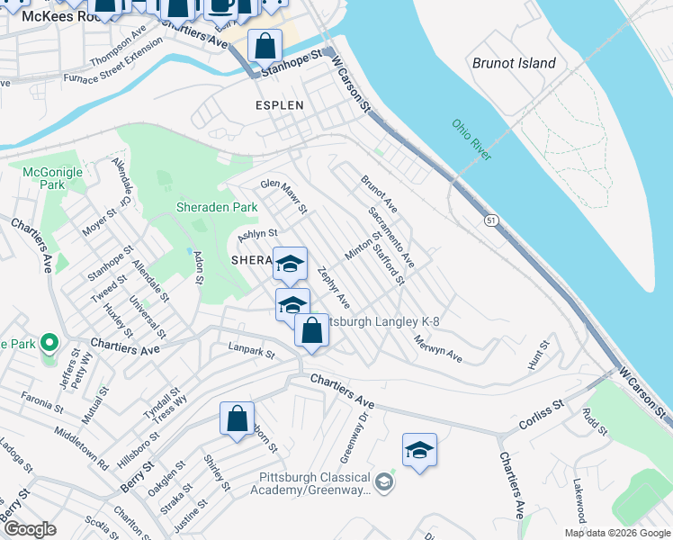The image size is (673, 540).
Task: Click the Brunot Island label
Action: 514,63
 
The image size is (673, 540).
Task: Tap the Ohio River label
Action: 471,140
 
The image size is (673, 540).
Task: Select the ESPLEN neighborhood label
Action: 279,105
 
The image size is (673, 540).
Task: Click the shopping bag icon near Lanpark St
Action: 311,330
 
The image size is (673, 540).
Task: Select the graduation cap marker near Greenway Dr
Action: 419,449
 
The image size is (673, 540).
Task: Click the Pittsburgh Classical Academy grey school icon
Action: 384,483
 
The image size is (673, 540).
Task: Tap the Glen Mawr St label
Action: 284,196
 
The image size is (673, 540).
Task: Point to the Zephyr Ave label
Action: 334,287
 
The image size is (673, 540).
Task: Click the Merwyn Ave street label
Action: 438,349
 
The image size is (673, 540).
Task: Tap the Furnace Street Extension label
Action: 114,66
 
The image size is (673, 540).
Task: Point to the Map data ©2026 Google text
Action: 617,533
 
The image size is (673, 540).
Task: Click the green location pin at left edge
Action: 50,342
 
